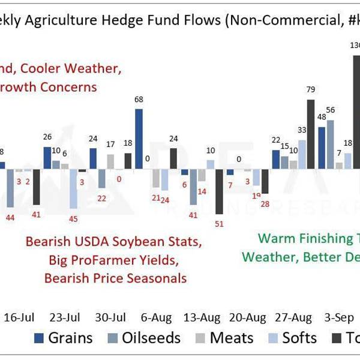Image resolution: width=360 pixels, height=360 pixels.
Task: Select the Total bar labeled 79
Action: [x=310, y=134]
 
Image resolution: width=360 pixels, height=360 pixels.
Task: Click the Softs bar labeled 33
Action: [x=302, y=154]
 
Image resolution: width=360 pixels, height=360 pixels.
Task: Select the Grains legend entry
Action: [x=64, y=338]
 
